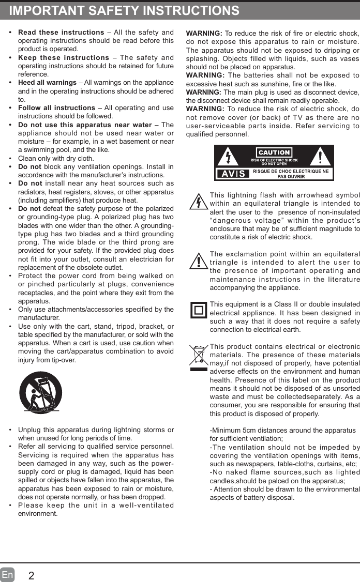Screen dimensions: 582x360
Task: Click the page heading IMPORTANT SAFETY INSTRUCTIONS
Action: click(x=124, y=11)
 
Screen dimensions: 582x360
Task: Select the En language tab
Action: click(x=7, y=575)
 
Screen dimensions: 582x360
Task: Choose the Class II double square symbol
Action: click(x=199, y=311)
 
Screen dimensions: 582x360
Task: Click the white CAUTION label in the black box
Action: click(x=274, y=152)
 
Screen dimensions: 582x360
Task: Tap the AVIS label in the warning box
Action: click(x=233, y=174)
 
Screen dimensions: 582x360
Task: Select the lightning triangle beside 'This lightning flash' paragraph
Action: click(x=198, y=202)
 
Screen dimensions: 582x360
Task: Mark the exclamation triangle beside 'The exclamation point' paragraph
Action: click(x=199, y=261)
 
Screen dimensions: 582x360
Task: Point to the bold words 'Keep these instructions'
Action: click(x=64, y=58)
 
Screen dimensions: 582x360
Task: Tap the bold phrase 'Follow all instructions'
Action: click(x=56, y=108)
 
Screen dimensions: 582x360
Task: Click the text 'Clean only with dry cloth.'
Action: click(x=56, y=158)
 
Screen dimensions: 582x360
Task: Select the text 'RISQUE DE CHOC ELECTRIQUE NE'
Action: click(x=290, y=171)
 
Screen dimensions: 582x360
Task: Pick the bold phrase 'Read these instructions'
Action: click(x=61, y=33)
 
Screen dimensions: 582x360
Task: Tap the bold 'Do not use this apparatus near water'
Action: click(x=85, y=125)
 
